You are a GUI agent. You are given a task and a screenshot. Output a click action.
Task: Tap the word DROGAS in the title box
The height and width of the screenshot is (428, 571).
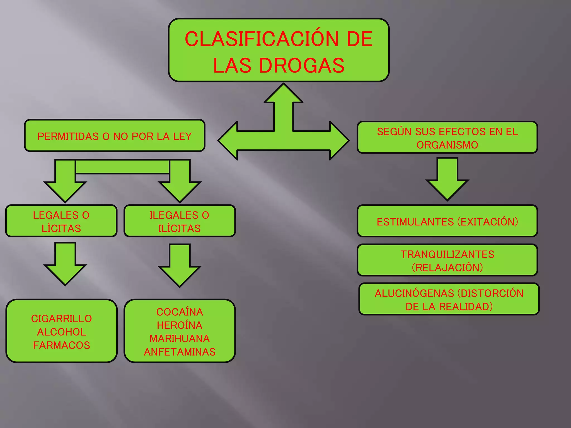click(302, 66)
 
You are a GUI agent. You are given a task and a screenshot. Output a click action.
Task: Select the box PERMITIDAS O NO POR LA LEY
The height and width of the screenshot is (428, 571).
click(115, 136)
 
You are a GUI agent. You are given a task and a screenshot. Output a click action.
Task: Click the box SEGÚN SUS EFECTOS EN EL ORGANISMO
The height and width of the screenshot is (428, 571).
click(447, 138)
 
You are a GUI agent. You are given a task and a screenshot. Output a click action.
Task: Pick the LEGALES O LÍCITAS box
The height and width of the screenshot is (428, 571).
click(61, 221)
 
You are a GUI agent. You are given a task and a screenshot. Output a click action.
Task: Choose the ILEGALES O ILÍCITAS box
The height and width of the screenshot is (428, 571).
click(180, 221)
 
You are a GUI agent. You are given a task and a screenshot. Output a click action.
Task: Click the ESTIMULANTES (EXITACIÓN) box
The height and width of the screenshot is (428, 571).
click(447, 222)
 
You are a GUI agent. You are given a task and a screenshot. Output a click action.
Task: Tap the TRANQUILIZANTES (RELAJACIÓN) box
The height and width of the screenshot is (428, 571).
click(447, 261)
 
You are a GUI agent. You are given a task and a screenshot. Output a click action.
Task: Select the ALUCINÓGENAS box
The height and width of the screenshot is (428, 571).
click(449, 300)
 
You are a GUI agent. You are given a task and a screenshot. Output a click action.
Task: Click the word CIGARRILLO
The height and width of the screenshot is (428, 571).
click(61, 318)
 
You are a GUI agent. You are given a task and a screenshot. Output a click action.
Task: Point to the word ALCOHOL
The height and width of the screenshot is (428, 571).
click(62, 332)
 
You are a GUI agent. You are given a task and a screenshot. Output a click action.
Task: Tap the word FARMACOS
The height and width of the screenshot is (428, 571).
click(62, 345)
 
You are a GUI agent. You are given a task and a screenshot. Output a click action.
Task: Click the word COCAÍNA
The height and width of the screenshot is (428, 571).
click(180, 312)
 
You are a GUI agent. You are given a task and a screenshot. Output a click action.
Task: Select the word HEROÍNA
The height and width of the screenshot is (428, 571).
click(180, 325)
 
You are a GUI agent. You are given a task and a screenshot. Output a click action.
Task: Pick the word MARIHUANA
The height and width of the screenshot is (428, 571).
click(180, 339)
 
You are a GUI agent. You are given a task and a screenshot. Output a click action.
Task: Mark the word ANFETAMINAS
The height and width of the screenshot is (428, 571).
click(180, 352)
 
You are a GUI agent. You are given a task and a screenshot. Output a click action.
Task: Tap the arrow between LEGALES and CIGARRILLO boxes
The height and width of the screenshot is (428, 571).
click(65, 265)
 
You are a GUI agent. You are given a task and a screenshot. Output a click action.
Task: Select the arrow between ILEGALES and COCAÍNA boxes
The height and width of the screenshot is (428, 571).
click(180, 266)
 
